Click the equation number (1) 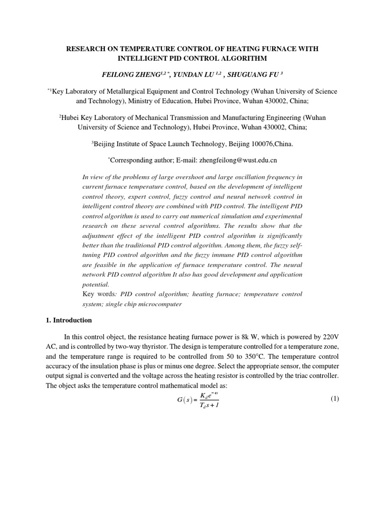[335, 399]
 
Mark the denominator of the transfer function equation [205, 405]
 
